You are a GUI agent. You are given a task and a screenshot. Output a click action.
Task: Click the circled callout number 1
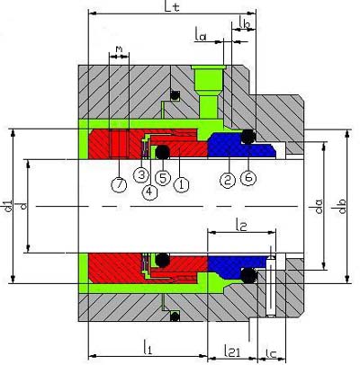tap(182, 184)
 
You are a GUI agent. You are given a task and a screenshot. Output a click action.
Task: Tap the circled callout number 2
tap(228, 180)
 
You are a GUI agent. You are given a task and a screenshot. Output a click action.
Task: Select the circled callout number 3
tap(141, 174)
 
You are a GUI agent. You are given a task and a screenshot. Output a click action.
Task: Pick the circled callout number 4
tap(149, 192)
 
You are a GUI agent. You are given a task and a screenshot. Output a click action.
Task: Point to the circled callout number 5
tap(163, 178)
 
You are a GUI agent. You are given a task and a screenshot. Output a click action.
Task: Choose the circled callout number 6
tap(248, 178)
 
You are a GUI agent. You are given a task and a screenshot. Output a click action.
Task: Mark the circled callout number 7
tap(119, 184)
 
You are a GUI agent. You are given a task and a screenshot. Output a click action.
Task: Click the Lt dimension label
tap(172, 6)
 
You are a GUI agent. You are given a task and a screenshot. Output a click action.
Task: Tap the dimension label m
tap(119, 49)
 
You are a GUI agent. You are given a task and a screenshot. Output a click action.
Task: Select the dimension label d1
tap(9, 206)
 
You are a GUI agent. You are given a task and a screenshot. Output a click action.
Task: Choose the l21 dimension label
tap(232, 351)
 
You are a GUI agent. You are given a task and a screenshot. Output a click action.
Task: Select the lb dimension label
tap(245, 22)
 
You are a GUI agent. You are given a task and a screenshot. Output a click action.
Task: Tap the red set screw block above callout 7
tap(119, 144)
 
